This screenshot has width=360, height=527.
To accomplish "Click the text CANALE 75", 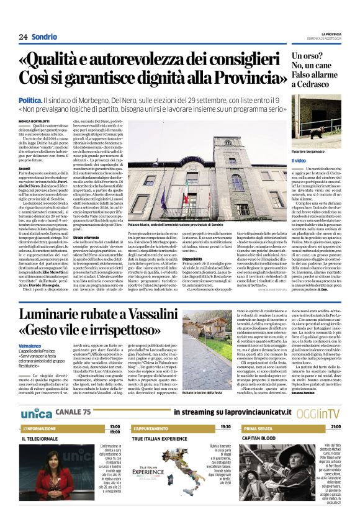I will pos(73,413).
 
